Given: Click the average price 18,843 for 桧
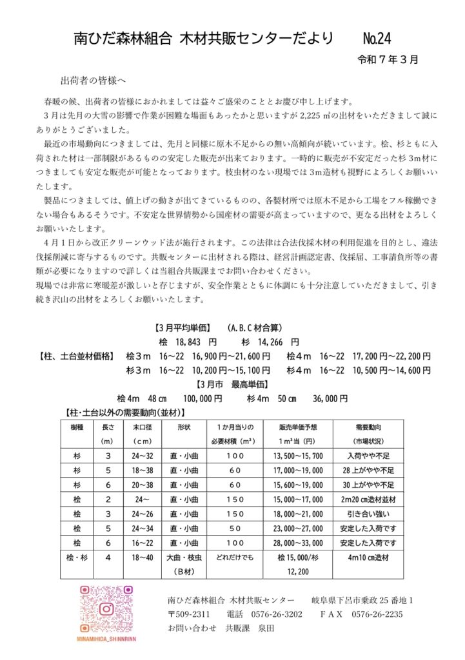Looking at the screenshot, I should point(188,342).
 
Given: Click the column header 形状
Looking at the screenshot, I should point(183,427).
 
